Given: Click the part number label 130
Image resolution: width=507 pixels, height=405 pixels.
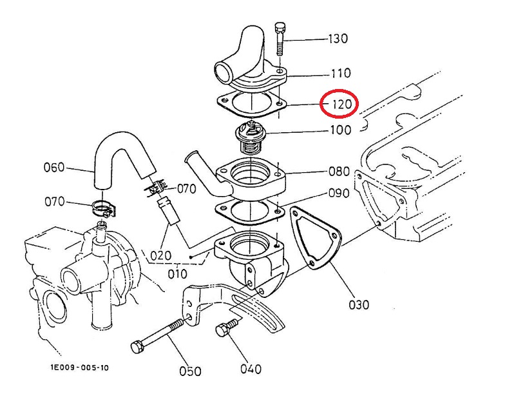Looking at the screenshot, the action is (338, 39).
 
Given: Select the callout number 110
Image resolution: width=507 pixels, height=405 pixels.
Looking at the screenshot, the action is (341, 73).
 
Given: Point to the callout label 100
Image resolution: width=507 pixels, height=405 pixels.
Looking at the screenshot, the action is (341, 130).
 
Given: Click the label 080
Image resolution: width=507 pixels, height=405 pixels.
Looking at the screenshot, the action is (340, 172).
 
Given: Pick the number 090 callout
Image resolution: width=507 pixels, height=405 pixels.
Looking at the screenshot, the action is (339, 193).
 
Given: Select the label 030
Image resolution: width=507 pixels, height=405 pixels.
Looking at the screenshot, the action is (359, 304).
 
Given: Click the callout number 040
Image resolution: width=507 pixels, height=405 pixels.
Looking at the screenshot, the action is (251, 369).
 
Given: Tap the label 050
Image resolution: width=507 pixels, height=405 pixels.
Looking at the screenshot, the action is (190, 371).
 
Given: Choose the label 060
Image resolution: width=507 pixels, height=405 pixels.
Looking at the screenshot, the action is (54, 168).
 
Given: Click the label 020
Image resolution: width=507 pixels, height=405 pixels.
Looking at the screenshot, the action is (160, 256).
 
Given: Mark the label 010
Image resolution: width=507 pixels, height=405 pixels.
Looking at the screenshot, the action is (178, 274).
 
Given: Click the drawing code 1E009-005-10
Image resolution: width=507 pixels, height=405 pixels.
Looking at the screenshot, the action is (79, 368).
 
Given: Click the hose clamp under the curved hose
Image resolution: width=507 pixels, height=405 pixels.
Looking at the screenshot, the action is (103, 209).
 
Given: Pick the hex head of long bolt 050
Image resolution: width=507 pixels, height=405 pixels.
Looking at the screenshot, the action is (137, 347).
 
